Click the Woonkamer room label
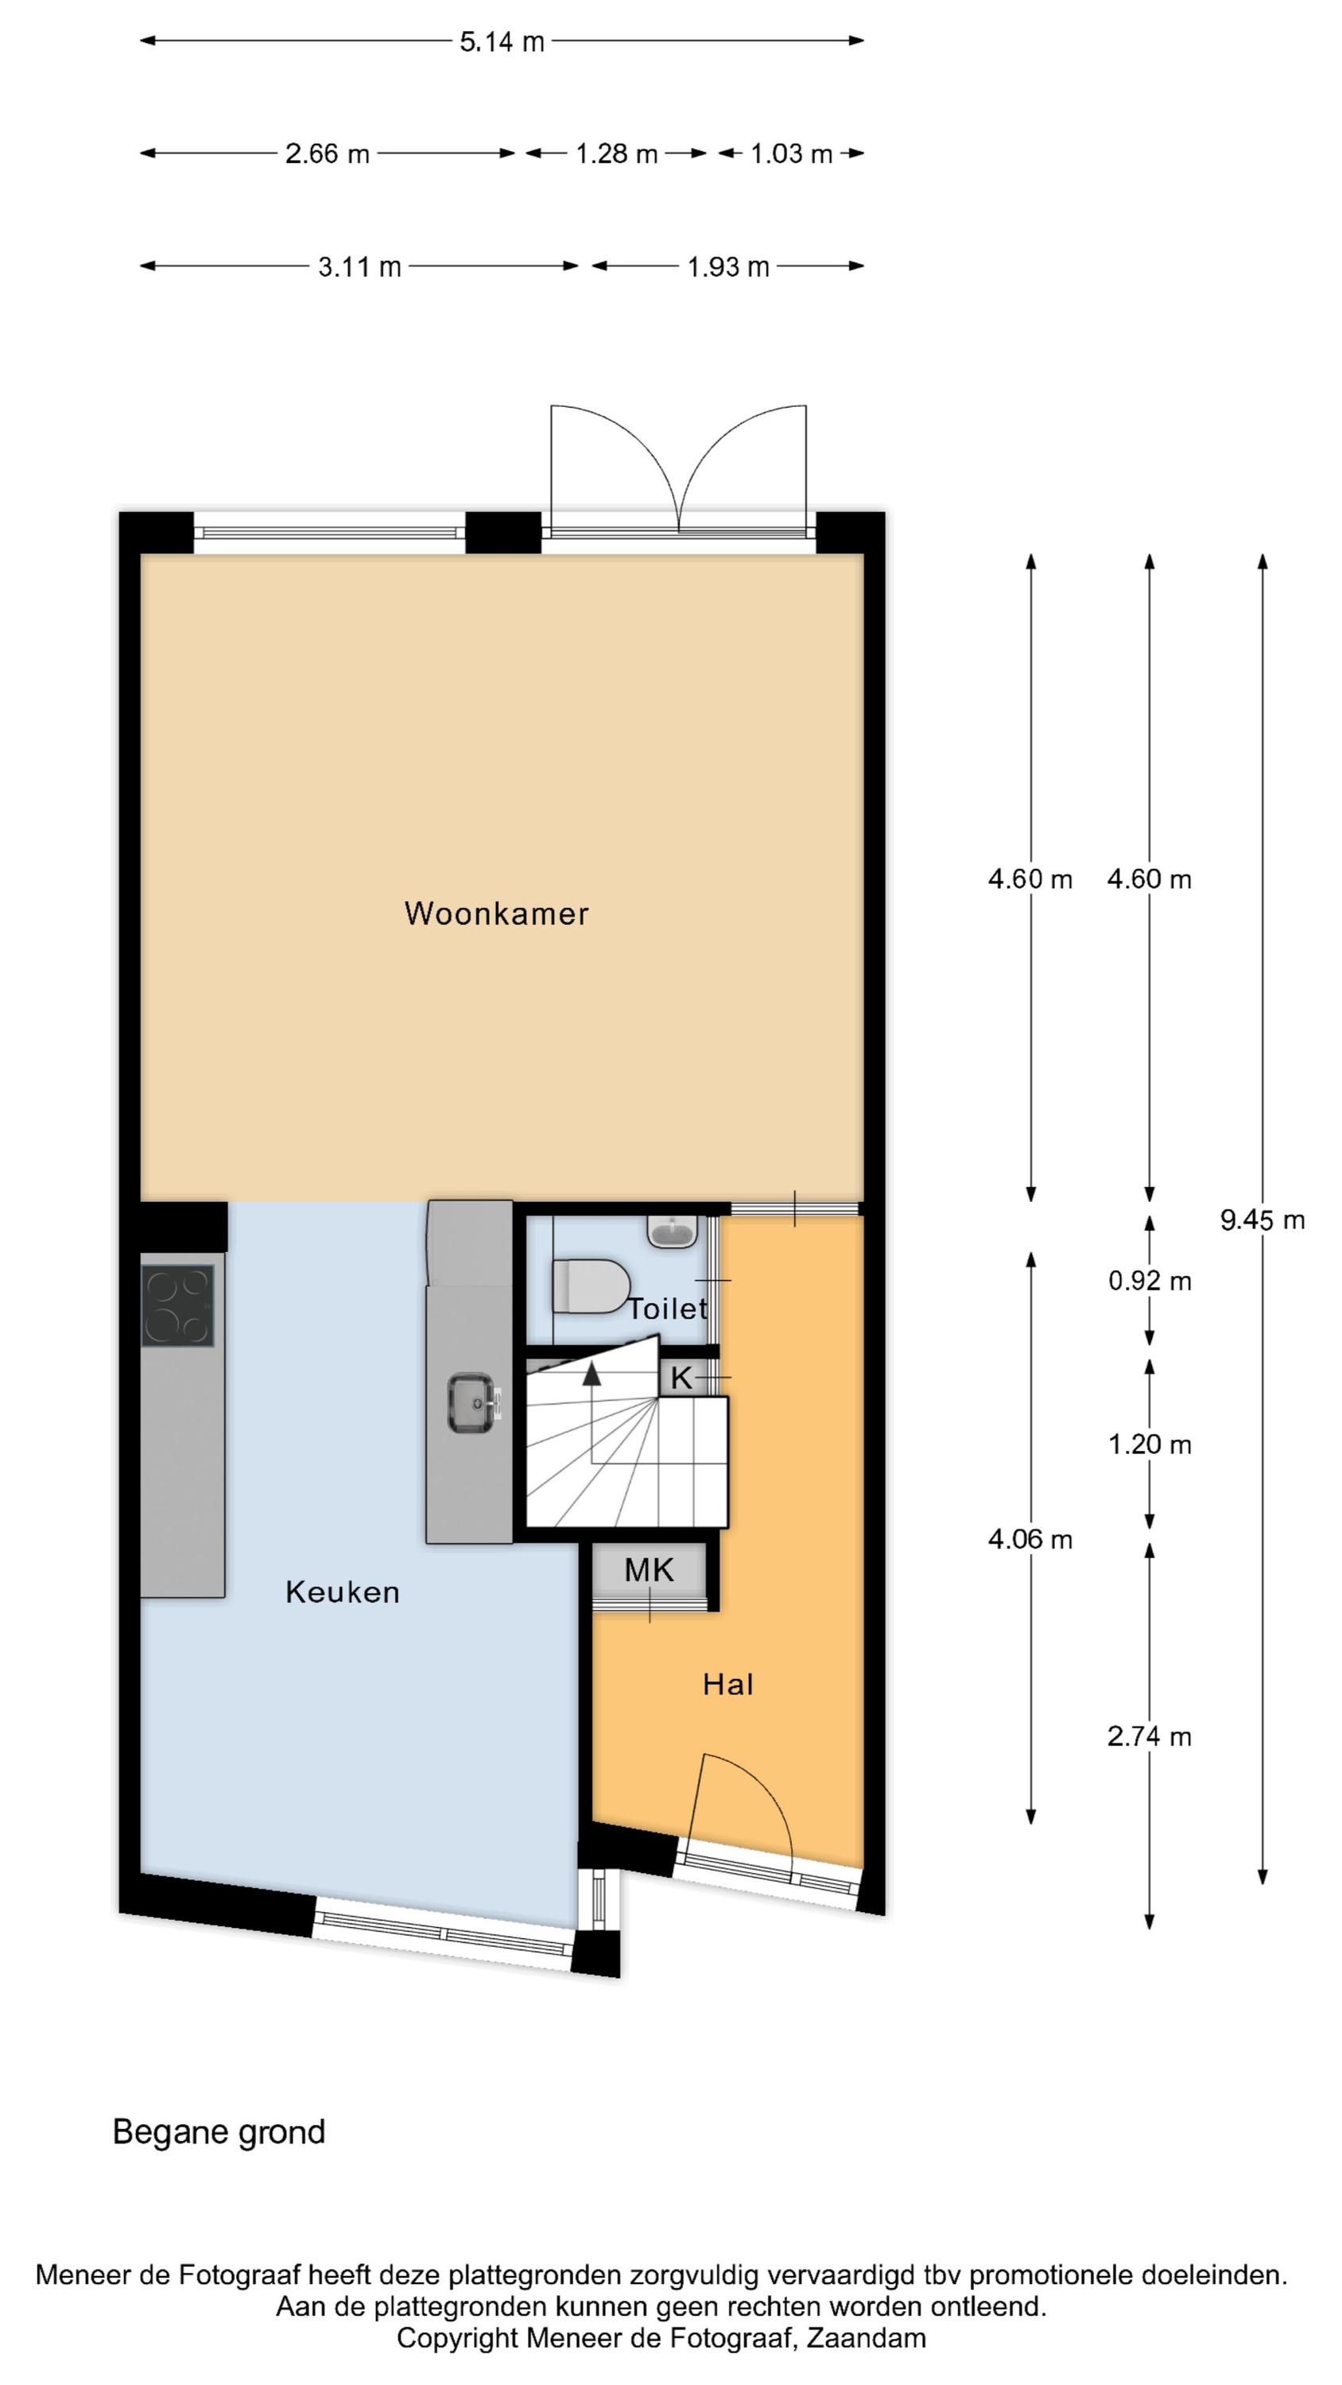pyautogui.click(x=496, y=913)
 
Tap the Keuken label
pyautogui.click(x=343, y=1592)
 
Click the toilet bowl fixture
pyautogui.click(x=590, y=1285)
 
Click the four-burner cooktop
pyautogui.click(x=177, y=1305)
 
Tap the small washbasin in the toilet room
pyautogui.click(x=673, y=1231)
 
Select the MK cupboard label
pyautogui.click(x=650, y=1570)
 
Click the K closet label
pyautogui.click(x=681, y=1378)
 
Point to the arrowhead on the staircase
pyautogui.click(x=591, y=1373)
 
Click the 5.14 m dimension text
pyautogui.click(x=502, y=41)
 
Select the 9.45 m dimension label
pyautogui.click(x=1262, y=1220)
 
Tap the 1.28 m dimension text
pyautogui.click(x=617, y=153)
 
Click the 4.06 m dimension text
pyautogui.click(x=1030, y=1539)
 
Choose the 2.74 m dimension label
pyautogui.click(x=1150, y=1736)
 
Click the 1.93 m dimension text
pyautogui.click(x=728, y=268)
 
